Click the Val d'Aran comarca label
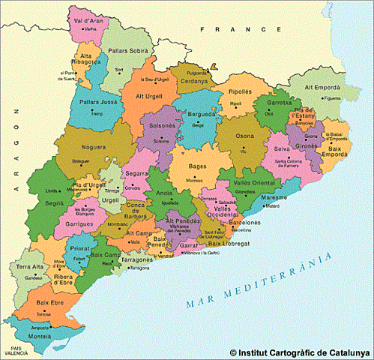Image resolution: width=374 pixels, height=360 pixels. point(88,20)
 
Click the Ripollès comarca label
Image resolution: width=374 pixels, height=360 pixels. point(241,91)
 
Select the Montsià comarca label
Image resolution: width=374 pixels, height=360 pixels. point(40,337)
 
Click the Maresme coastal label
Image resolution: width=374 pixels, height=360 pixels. point(274,197)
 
